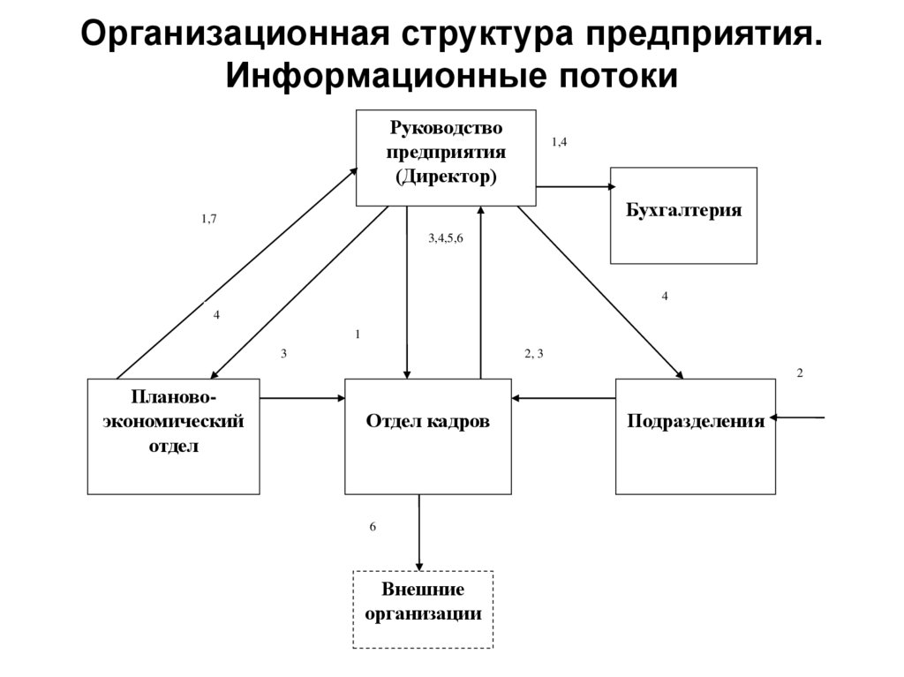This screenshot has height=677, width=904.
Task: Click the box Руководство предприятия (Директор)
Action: tap(446, 157)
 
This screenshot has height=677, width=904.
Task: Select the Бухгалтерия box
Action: tap(683, 214)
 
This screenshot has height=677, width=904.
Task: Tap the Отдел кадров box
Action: tap(427, 436)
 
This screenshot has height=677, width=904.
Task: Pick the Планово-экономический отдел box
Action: tap(173, 436)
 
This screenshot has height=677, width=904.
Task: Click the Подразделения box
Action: tap(695, 436)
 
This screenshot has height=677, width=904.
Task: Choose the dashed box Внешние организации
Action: tap(423, 609)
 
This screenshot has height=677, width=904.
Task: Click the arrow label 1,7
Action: tap(208, 219)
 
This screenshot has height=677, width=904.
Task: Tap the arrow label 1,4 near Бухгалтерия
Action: tap(559, 141)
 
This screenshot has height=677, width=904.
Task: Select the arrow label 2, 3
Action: tap(533, 354)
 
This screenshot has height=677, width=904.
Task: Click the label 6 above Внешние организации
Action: tap(373, 527)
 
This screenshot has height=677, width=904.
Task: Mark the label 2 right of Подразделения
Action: tap(800, 373)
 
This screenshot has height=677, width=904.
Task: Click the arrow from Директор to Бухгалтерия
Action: tap(574, 186)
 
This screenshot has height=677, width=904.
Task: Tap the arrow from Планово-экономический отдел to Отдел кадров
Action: tap(302, 398)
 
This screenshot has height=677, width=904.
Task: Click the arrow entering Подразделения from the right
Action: tap(800, 416)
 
